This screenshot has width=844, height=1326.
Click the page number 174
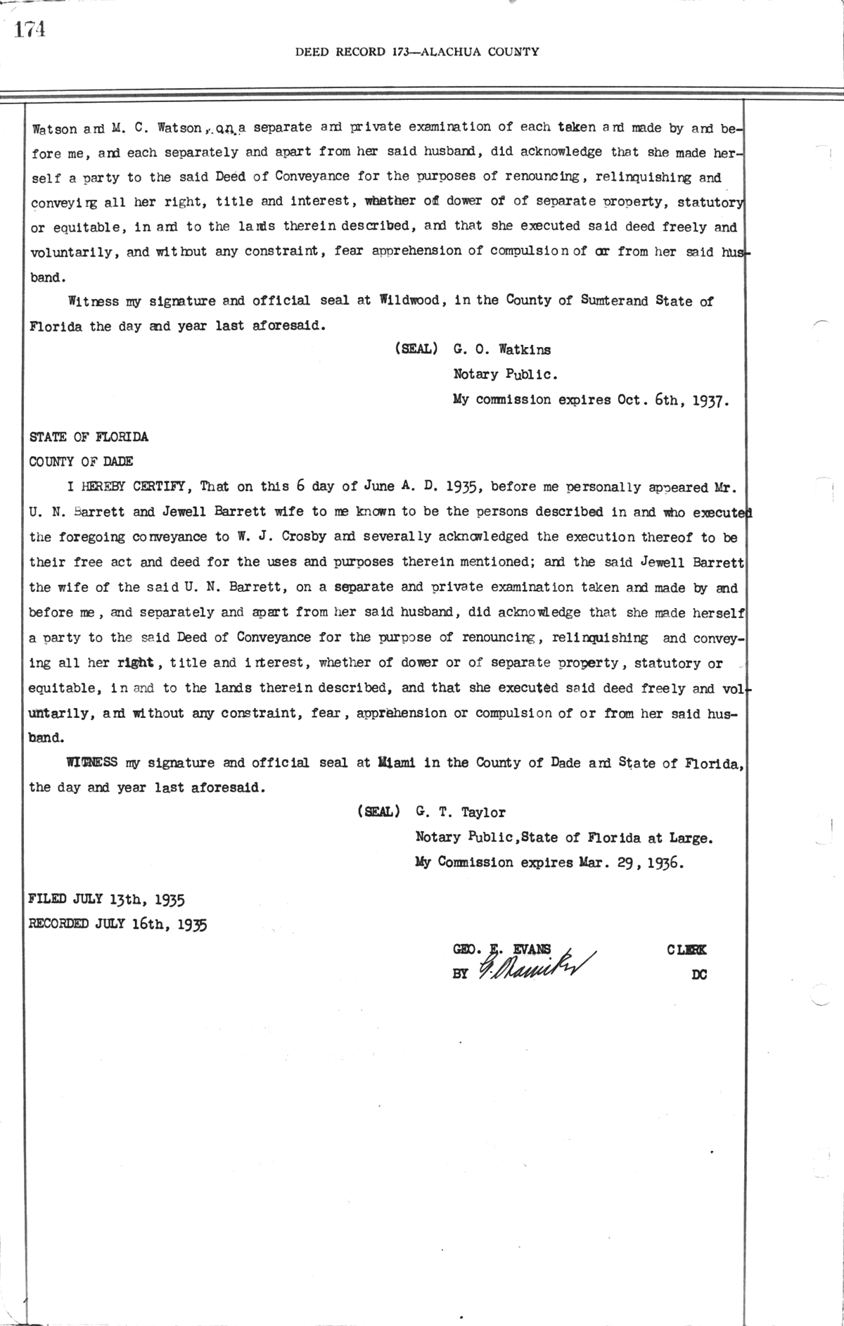[30, 30]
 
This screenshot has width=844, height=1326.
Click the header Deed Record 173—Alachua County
[417, 51]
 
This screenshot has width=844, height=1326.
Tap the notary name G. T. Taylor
[461, 812]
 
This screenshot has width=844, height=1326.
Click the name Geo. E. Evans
[502, 949]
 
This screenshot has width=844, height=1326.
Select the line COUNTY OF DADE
[81, 462]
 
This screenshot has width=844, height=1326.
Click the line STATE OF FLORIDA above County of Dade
[89, 436]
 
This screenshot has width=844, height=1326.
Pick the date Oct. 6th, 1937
[673, 400]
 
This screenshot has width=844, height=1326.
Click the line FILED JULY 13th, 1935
[106, 899]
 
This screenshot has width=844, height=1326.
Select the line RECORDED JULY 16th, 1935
[117, 923]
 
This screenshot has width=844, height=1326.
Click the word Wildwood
[409, 300]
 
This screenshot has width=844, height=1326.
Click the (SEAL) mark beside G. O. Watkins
[417, 349]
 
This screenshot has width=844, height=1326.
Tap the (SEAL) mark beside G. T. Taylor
[379, 812]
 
